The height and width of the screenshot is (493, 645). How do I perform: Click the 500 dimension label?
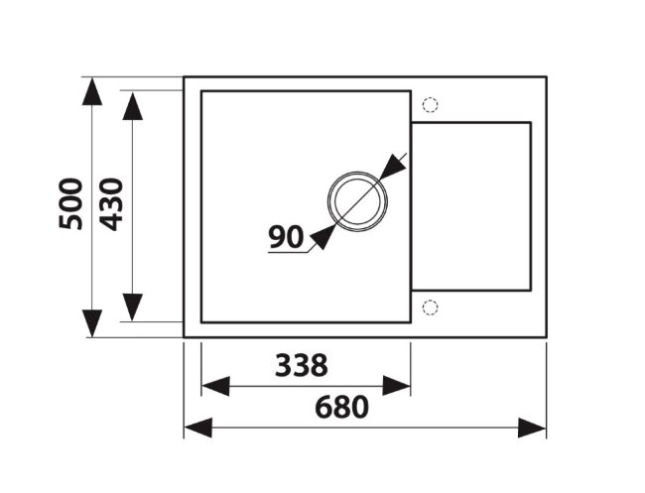coord(69,204)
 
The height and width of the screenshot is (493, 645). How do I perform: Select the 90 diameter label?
coord(285,236)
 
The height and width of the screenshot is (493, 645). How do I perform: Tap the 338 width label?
coord(304,366)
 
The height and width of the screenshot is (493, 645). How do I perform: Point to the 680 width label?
coord(341,407)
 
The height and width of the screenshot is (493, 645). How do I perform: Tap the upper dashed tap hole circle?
coord(430,104)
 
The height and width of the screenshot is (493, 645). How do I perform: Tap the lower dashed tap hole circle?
coord(430,307)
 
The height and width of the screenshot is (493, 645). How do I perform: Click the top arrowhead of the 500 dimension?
coord(92,92)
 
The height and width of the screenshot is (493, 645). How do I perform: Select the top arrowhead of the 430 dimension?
coord(132,104)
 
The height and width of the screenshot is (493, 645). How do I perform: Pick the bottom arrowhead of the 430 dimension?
coord(132,307)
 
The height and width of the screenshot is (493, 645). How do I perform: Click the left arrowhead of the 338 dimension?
coord(215,385)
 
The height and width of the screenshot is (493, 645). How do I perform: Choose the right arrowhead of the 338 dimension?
coord(397,385)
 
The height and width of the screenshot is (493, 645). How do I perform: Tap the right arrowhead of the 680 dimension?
coord(532,428)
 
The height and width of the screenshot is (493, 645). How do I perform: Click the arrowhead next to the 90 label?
coord(322,236)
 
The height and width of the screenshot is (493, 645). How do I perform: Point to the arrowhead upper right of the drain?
coord(392,166)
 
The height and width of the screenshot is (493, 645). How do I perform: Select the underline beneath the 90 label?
coord(288,253)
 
